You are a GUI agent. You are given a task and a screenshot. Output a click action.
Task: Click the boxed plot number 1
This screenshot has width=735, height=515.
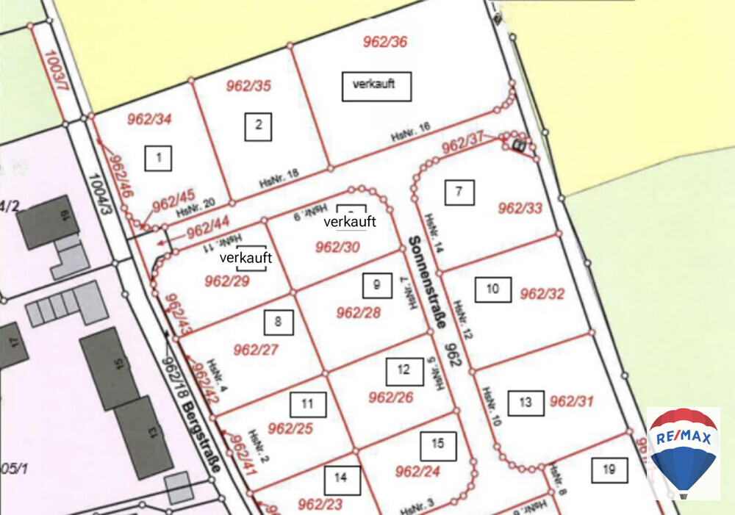tap(159, 157)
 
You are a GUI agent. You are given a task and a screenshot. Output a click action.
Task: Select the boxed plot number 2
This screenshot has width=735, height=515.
tap(258, 126)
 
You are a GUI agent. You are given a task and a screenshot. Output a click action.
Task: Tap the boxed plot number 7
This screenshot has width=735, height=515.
tap(459, 192)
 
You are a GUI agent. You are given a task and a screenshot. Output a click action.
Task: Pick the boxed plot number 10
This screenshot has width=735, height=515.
tap(492, 289)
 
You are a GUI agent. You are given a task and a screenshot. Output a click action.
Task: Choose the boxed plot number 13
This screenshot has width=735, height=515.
tap(526, 403)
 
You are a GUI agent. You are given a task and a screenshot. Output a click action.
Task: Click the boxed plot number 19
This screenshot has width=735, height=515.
tap(609, 469)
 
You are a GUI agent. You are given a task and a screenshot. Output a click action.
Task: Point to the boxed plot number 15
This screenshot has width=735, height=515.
tap(438, 444)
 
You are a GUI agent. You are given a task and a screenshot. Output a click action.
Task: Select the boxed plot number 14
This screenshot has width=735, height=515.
tap(342, 479)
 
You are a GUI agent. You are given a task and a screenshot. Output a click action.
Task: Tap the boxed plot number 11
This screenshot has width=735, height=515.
tap(308, 404)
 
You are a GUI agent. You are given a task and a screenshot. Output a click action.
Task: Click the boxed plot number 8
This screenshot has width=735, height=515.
tap(278, 322)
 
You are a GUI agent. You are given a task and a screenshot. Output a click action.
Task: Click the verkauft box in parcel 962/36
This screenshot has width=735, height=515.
tap(376, 85)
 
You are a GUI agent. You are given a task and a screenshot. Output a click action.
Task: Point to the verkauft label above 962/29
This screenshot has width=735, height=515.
tap(246, 258)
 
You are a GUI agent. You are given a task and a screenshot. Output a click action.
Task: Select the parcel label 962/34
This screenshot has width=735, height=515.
tap(149, 118)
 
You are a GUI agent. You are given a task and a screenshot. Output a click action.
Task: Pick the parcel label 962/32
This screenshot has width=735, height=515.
tap(542, 295)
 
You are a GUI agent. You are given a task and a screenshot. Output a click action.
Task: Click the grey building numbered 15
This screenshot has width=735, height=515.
tap(110, 368)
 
